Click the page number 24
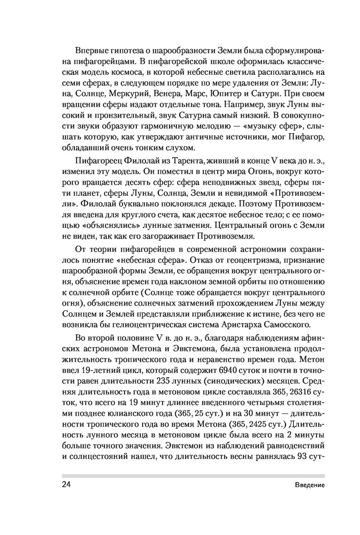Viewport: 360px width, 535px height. (x=66, y=485)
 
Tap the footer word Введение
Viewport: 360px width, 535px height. (x=309, y=485)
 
